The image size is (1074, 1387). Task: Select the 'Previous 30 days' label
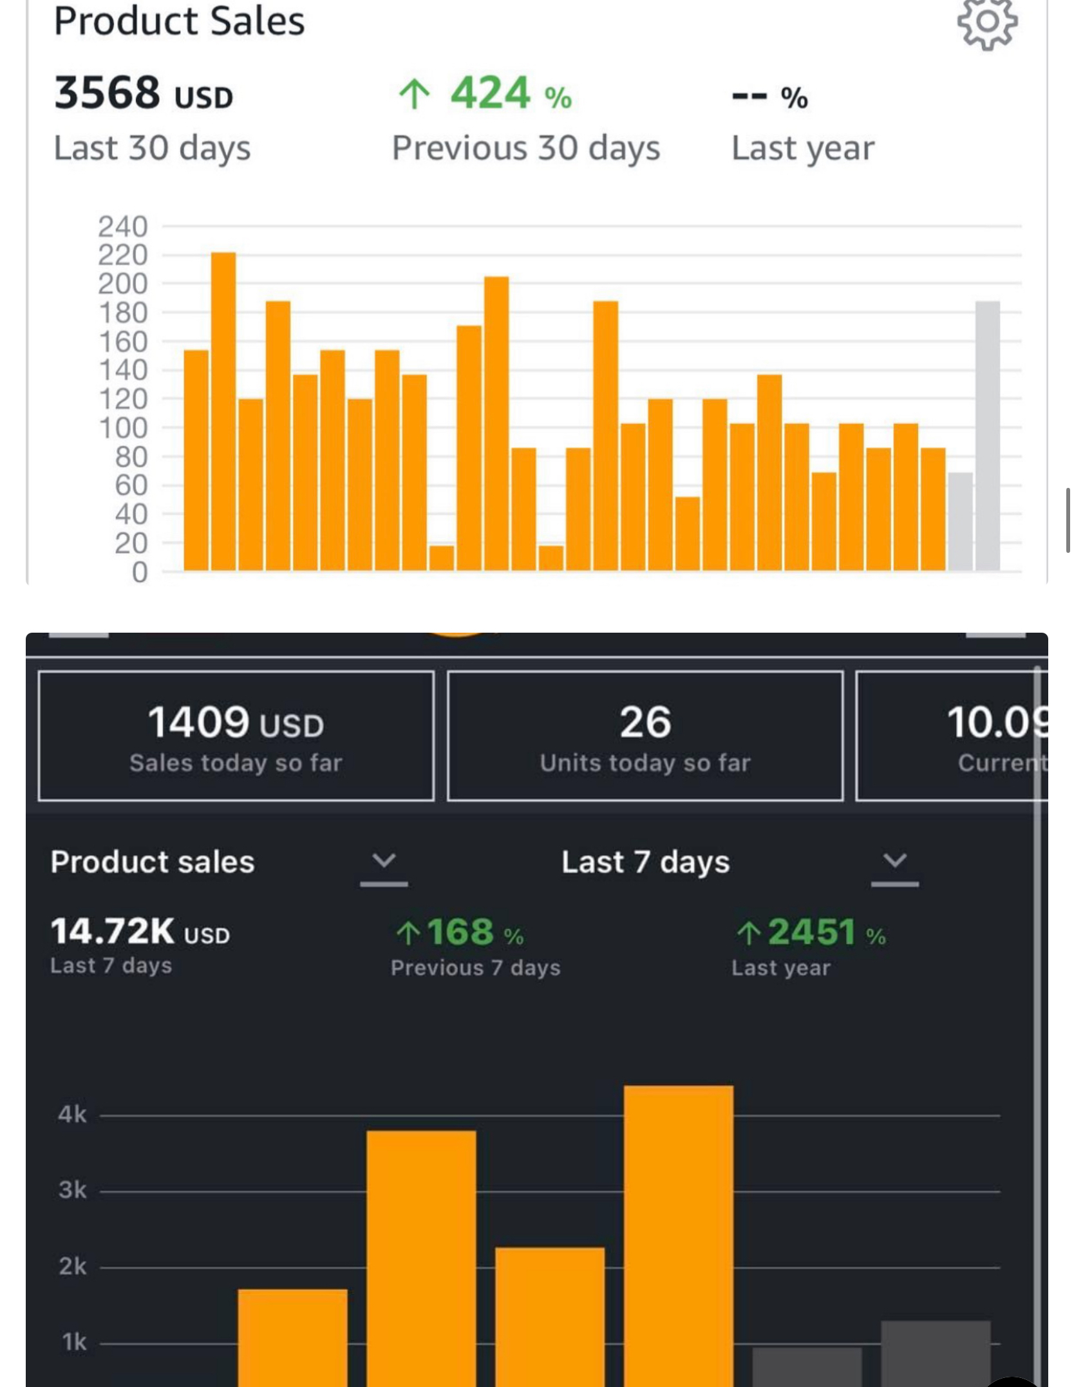526,148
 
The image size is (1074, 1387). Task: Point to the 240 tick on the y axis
123,227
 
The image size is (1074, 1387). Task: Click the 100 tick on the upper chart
123,428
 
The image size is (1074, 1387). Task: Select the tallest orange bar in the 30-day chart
223,412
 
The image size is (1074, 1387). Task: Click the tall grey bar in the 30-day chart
987,436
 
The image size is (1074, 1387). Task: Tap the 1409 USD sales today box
236,736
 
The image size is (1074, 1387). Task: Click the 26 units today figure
645,722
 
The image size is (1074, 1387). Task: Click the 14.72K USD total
140,932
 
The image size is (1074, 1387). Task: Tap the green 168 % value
460,932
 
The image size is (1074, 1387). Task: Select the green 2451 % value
811,932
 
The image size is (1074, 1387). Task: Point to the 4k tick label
72,1114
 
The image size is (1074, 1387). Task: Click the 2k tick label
72,1266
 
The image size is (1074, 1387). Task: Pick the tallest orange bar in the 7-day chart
678,1236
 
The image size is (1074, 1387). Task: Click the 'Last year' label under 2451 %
780,968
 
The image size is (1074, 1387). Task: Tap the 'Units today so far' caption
645,763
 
